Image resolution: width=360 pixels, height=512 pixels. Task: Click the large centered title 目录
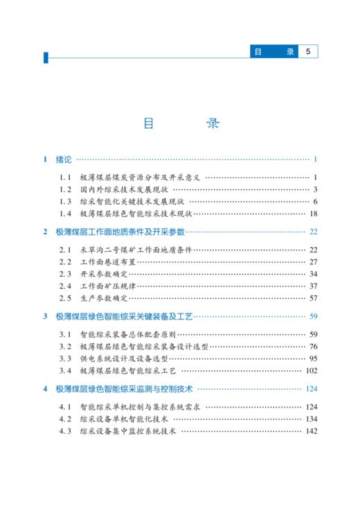coord(180,125)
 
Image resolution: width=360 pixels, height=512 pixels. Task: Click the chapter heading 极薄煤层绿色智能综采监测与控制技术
coord(129,389)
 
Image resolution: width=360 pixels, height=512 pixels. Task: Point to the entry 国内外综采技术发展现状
coord(124,189)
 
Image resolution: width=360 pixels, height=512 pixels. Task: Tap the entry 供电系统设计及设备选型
coord(124,358)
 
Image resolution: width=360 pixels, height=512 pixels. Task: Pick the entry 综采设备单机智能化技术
coord(124,419)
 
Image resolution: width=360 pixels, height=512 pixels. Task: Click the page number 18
coord(313,213)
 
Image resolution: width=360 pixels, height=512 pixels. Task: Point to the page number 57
coord(313,298)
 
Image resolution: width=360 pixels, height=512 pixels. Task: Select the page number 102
coord(311,370)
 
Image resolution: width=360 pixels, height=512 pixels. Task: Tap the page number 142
coord(311,431)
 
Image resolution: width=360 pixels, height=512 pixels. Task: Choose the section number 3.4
coord(65,370)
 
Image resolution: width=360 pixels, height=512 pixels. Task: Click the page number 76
coord(313,346)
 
